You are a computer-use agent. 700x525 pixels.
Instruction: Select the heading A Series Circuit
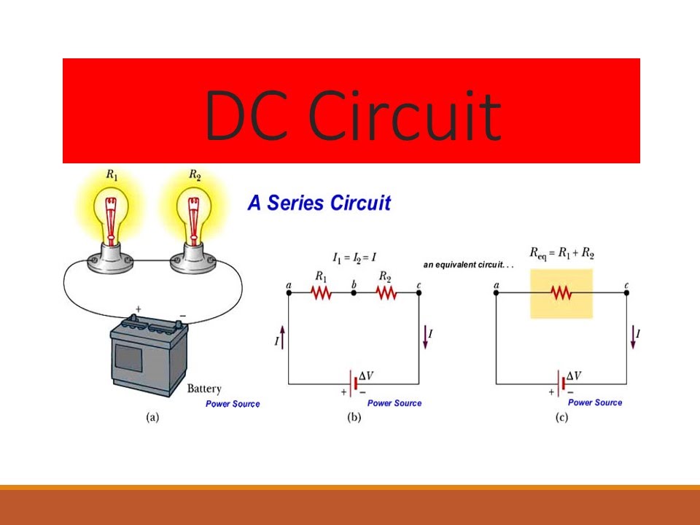pyautogui.click(x=319, y=203)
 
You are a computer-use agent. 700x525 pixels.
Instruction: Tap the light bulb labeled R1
pyautogui.click(x=111, y=219)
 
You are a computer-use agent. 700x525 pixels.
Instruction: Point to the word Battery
pyautogui.click(x=204, y=389)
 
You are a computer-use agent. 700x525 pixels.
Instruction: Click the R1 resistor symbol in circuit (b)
pyautogui.click(x=321, y=292)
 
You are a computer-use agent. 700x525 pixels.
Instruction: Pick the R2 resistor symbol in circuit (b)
pyautogui.click(x=386, y=292)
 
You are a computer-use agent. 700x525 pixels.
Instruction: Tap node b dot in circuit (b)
pyautogui.click(x=354, y=292)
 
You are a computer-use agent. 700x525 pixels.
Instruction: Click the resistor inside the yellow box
pyautogui.click(x=561, y=292)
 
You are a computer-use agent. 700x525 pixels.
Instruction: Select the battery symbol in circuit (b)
pyautogui.click(x=354, y=383)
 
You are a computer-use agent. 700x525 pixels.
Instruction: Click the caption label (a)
pyautogui.click(x=152, y=418)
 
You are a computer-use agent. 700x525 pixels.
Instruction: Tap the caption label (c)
pyautogui.click(x=561, y=418)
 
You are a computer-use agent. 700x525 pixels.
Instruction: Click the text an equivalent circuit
pyautogui.click(x=468, y=265)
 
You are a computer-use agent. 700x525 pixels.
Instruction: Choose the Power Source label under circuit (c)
pyautogui.click(x=595, y=402)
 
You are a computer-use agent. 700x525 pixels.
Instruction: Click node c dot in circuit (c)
pyautogui.click(x=627, y=292)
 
